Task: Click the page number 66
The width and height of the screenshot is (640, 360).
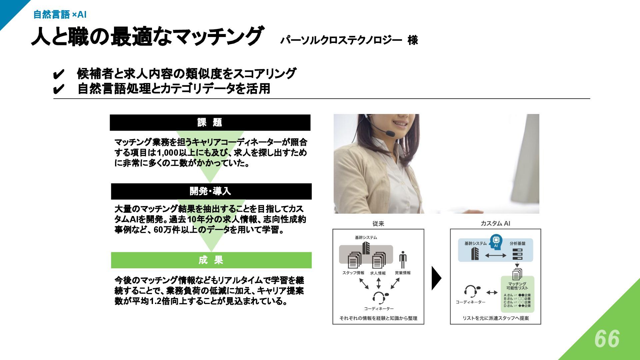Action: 607,339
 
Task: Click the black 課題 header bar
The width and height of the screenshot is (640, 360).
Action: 210,122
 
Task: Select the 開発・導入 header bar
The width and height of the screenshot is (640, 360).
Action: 211,191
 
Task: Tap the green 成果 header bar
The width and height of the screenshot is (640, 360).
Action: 211,260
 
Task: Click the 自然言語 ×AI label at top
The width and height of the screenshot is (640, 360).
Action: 60,14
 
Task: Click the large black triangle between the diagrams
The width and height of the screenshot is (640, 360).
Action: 436,278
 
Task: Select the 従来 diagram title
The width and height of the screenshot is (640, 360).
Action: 378,224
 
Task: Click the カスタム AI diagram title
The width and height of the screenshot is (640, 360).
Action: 495,223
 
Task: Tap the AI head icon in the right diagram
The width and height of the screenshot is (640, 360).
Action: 496,241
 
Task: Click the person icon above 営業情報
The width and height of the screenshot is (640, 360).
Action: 403,260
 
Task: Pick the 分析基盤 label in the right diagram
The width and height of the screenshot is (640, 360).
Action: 517,243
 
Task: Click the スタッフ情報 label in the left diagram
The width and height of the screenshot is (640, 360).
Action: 353,273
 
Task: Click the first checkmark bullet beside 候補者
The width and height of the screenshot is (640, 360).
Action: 58,74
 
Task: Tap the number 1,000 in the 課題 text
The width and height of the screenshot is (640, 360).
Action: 167,153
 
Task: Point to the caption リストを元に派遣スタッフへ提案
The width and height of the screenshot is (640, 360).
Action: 496,318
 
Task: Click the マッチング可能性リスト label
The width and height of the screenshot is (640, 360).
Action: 517,286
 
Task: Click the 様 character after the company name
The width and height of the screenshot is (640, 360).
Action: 413,40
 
